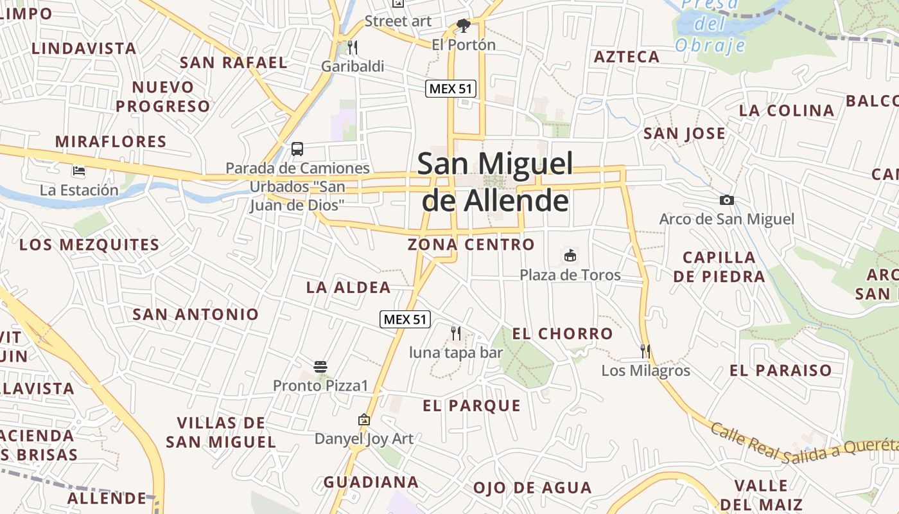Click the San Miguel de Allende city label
coord(494,182)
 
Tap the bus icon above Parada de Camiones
coord(297,149)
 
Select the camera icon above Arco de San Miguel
coord(727,200)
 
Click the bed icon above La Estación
coord(79,171)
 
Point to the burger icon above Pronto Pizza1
coord(320,367)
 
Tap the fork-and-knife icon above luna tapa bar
coord(456,333)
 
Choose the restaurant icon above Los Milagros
coord(645,351)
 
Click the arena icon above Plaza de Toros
coord(570,255)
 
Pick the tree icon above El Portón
coord(463,26)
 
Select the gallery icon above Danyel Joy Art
coord(364,420)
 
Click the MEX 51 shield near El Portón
coord(451,89)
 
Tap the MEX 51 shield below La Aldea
coord(405,319)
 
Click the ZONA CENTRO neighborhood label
coord(471,244)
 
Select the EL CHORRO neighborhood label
coord(562,333)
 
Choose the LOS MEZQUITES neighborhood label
coord(89,245)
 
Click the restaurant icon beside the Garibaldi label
coord(352,47)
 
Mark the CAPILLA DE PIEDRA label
coord(723,267)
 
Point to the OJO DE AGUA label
coord(532,488)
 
